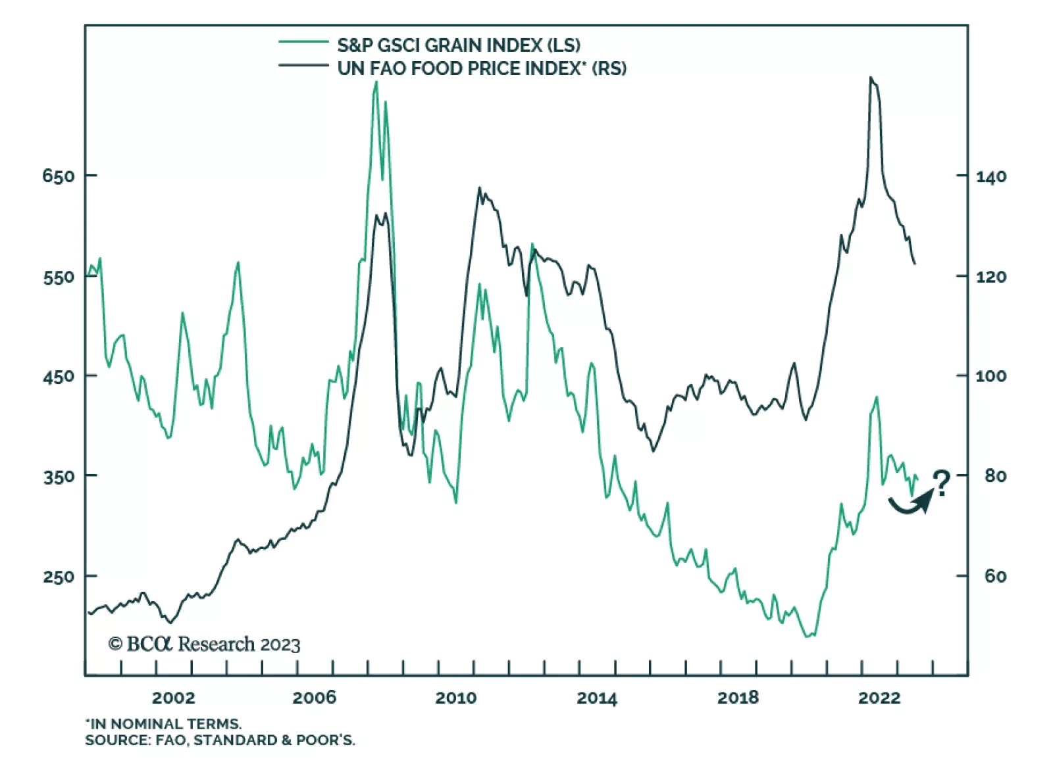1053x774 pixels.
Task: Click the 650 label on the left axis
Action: click(x=58, y=176)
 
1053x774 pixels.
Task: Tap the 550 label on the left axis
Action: click(x=58, y=278)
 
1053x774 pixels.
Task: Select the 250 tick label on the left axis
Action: click(x=58, y=577)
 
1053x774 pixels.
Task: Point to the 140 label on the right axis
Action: click(x=990, y=177)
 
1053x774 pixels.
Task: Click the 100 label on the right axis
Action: click(x=990, y=376)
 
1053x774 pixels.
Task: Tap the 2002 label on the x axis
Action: click(x=173, y=698)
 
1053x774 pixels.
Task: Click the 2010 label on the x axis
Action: click(x=455, y=698)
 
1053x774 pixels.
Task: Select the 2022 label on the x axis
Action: click(x=879, y=698)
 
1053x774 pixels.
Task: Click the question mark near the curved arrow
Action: click(x=942, y=483)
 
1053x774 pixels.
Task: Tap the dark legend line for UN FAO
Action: click(x=303, y=65)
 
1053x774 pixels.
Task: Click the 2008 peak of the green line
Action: click(x=376, y=83)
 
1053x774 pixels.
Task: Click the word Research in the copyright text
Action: click(x=216, y=644)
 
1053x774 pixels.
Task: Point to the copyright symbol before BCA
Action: click(x=115, y=644)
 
